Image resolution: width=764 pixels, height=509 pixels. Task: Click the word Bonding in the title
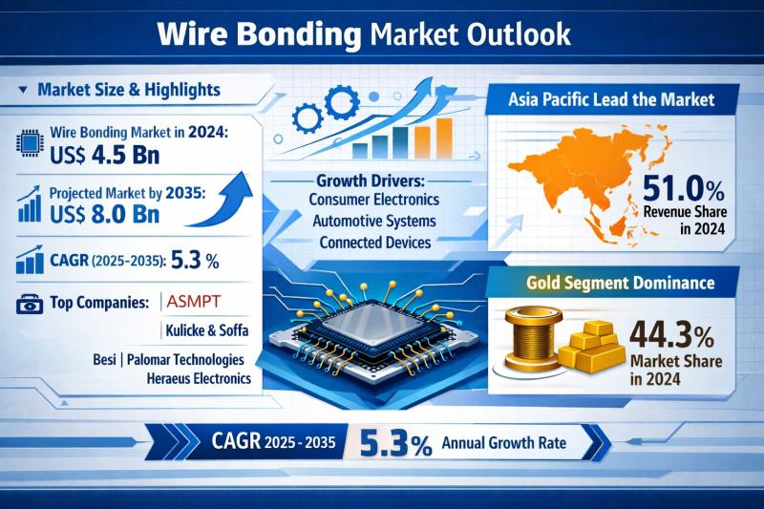(x=299, y=34)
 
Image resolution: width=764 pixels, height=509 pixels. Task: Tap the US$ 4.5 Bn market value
(x=105, y=155)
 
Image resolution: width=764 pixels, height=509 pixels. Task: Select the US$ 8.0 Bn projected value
(x=105, y=215)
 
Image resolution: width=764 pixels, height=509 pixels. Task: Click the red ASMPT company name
(x=194, y=302)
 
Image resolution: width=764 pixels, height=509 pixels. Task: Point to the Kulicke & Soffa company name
(x=207, y=330)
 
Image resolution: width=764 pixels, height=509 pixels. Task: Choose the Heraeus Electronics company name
(x=199, y=378)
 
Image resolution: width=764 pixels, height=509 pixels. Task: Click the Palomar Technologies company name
(x=185, y=360)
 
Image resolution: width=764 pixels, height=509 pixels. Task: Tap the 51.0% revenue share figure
(x=683, y=189)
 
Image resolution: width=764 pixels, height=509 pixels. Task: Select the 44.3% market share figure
(x=672, y=335)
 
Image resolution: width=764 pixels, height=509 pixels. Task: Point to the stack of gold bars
(x=591, y=346)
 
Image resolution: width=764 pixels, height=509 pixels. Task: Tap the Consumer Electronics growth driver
(x=374, y=200)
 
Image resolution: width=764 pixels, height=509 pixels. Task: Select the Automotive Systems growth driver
(x=374, y=222)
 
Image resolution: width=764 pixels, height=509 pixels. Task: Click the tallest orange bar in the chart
(x=444, y=138)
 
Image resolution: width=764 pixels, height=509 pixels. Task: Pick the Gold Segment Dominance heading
(x=620, y=283)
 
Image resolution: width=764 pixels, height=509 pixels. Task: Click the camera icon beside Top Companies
(x=30, y=304)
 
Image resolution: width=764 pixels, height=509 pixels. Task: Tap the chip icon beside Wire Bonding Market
(x=30, y=143)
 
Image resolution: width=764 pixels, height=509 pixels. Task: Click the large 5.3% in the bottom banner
(x=395, y=443)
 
